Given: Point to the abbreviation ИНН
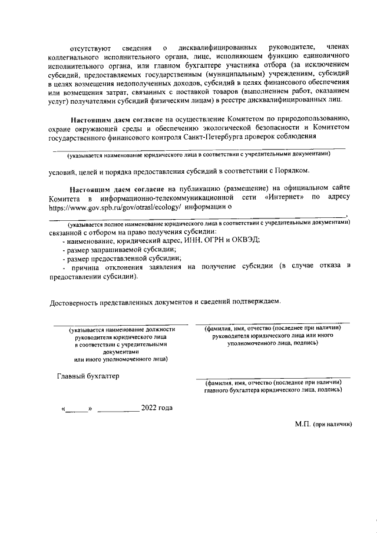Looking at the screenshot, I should (x=211, y=240).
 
